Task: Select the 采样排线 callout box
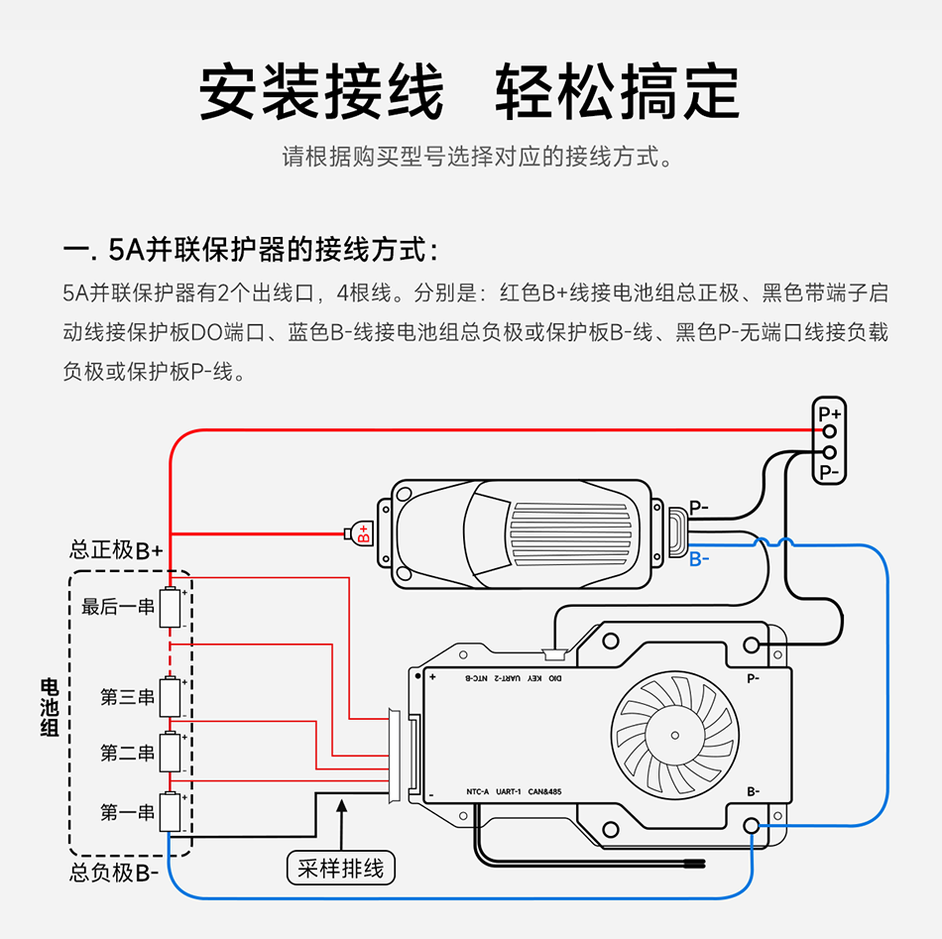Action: click(340, 869)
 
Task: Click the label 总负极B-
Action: click(114, 874)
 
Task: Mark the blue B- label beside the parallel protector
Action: click(699, 559)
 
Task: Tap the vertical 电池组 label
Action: click(48, 707)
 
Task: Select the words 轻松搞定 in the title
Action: click(618, 92)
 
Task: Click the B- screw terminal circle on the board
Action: click(752, 826)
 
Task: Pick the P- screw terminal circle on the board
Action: click(752, 646)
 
